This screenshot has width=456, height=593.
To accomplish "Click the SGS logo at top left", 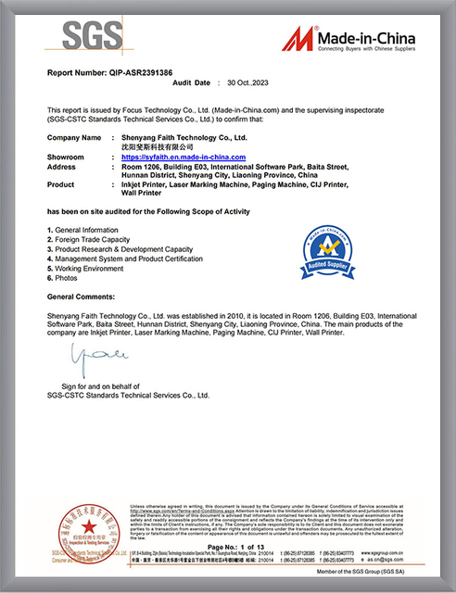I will click(x=92, y=38).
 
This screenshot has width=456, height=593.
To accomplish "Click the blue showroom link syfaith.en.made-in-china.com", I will click(x=188, y=158).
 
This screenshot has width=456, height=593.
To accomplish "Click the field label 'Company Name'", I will click(x=73, y=137).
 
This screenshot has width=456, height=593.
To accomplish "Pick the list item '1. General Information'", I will click(x=87, y=229).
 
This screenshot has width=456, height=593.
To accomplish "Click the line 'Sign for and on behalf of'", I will click(x=101, y=385).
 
